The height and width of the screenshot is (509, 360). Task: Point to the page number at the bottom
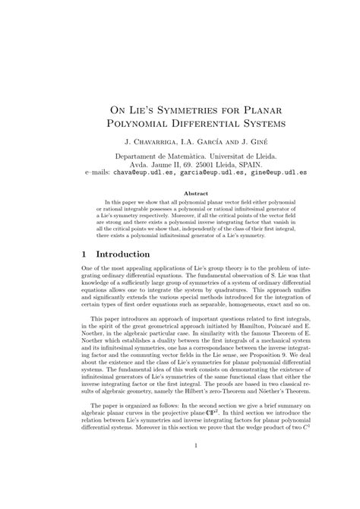[180, 488]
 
